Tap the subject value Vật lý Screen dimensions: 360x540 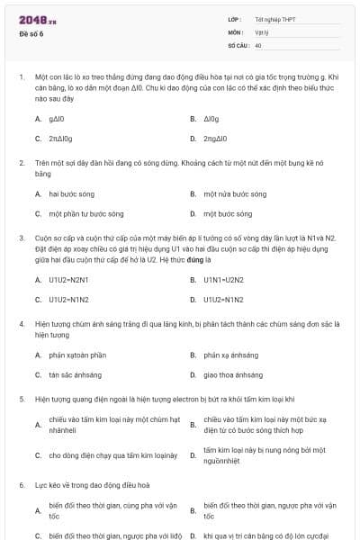click(x=261, y=31)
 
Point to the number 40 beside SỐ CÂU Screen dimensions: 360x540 click(x=258, y=44)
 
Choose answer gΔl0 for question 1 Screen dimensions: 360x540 click(x=58, y=119)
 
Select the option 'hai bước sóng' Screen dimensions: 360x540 click(x=71, y=193)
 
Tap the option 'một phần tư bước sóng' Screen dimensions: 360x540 click(x=85, y=214)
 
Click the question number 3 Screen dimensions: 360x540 click(x=21, y=238)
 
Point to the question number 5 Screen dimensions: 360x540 click(x=21, y=398)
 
